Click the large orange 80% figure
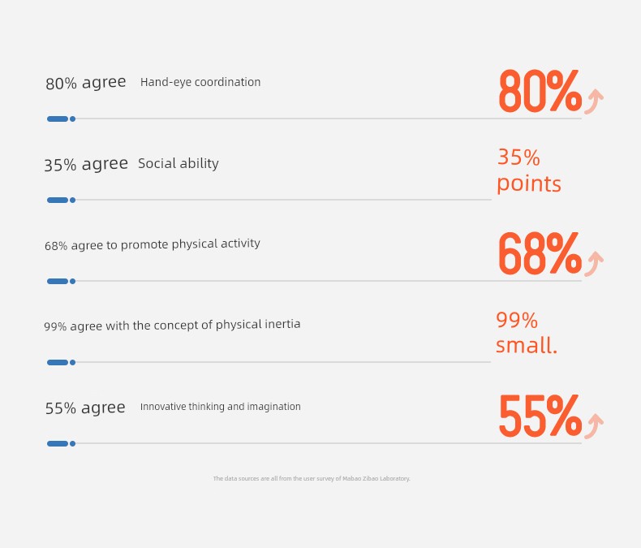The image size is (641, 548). coord(540,91)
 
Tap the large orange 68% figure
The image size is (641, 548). coord(540,253)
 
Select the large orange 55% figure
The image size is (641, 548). coord(540,416)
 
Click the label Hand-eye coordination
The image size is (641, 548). coord(200,82)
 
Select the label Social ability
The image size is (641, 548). coord(179,163)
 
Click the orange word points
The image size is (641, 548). coord(529,184)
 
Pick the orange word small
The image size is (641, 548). coord(527,345)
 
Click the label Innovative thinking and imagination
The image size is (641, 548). coord(221,407)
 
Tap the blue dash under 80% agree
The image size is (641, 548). coord(58,119)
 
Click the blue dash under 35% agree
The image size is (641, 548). coord(58,200)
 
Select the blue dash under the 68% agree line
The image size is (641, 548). coord(58,282)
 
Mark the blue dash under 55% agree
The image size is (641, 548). coord(58,444)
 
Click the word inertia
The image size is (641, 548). coord(282,324)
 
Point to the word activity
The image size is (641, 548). coord(240,244)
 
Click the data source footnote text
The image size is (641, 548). coord(312,478)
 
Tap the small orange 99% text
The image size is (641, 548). coord(517,320)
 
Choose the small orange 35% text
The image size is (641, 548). coord(518,157)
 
